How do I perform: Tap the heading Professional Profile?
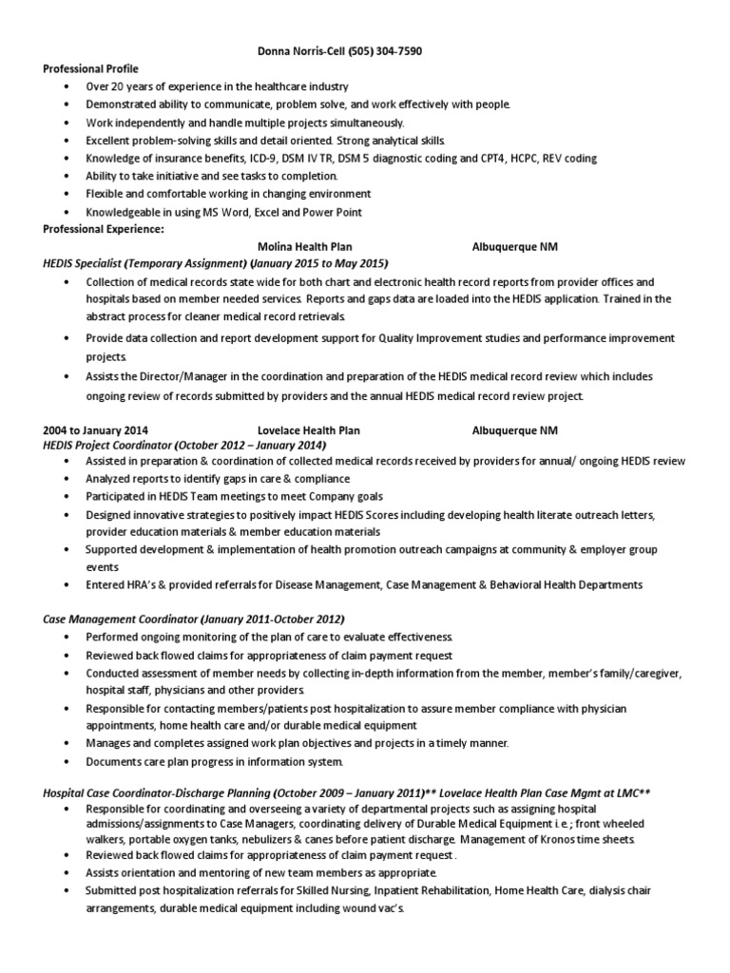[90, 69]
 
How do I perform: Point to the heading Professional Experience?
[103, 229]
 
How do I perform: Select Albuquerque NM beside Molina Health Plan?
[515, 246]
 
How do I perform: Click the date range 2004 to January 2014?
[95, 429]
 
